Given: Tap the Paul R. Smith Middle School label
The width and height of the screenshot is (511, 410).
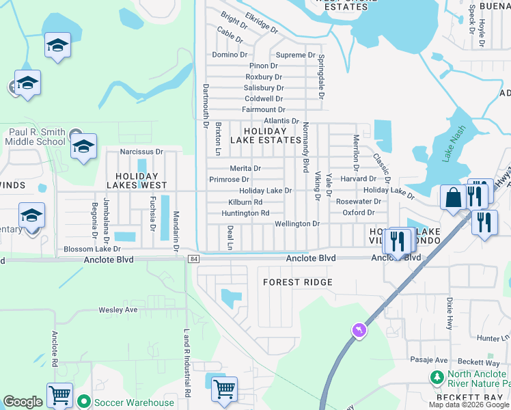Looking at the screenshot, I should point(38,137).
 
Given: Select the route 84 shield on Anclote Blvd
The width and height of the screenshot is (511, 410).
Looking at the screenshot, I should point(195,258).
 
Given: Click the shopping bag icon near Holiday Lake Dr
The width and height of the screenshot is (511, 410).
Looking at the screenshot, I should point(453,199).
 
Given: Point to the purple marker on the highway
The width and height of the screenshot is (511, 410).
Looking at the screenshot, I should point(357,331).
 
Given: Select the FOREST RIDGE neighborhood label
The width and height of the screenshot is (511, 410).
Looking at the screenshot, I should point(298,282).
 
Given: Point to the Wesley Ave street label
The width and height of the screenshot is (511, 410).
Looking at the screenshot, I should point(118,310).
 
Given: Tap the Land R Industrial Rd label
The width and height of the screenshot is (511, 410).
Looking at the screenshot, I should point(187,363).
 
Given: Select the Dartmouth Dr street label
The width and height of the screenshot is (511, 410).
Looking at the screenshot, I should point(205,106).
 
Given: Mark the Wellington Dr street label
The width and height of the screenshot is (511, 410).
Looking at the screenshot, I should point(297,223).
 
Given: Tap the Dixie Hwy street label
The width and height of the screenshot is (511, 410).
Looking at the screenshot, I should point(450,312).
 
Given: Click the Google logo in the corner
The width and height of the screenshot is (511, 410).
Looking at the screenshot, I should point(23,402).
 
